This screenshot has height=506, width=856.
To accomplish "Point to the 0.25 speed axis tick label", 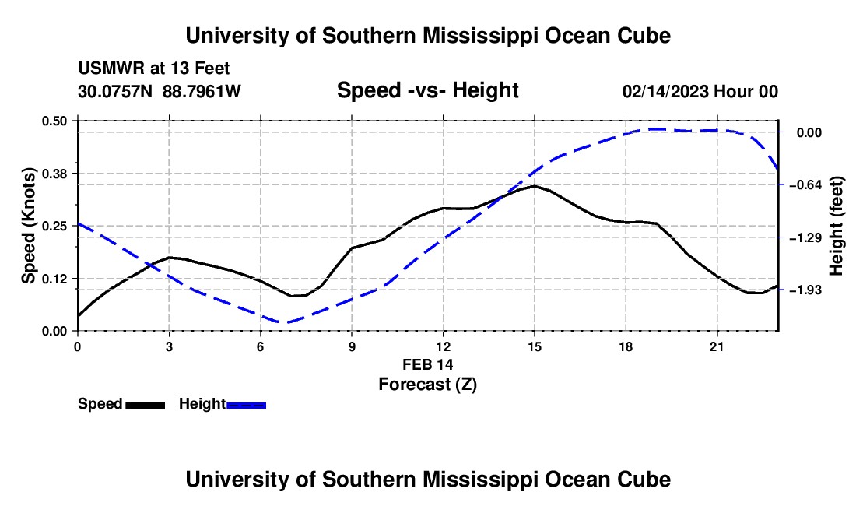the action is tap(54, 226).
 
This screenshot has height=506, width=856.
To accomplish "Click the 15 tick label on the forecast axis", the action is tap(535, 346).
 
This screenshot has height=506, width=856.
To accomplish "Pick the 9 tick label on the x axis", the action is tap(352, 346).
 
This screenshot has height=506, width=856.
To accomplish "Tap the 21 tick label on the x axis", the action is tap(717, 346).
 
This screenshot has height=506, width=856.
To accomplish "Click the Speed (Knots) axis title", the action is tap(28, 226).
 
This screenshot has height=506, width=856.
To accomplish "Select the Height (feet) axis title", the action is tap(836, 226).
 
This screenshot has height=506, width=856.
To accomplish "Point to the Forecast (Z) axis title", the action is tap(427, 385).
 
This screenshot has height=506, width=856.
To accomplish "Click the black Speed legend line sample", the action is tap(146, 406).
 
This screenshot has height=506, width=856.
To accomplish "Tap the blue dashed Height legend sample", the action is tap(246, 406).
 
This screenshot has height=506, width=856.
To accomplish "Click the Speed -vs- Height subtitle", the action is tap(427, 90).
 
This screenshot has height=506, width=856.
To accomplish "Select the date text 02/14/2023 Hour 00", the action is tap(700, 91).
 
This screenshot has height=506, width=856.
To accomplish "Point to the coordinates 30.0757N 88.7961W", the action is tap(159, 91).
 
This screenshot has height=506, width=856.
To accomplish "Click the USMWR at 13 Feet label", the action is tap(154, 69).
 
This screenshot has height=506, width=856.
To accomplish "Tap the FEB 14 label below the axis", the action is tap(427, 364).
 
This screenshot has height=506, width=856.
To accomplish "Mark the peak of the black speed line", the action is tap(535, 186).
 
